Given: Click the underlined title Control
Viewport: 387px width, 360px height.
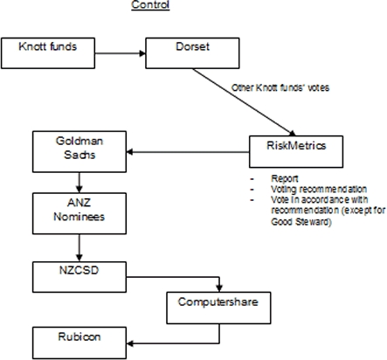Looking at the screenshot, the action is [x=150, y=5].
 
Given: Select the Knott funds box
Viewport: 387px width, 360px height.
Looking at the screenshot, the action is [x=48, y=53].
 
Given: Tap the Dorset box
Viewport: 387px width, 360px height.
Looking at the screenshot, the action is [x=192, y=53].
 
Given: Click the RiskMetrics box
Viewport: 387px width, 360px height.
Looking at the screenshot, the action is [x=296, y=152].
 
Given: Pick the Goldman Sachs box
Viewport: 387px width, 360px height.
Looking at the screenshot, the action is [x=79, y=152].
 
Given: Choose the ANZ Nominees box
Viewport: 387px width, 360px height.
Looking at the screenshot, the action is [x=79, y=213].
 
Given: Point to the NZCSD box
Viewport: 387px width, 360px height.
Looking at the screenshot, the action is [x=79, y=277].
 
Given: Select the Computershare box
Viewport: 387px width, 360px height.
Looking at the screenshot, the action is [x=218, y=308].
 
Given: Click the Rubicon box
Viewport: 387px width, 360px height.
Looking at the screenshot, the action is [x=79, y=343].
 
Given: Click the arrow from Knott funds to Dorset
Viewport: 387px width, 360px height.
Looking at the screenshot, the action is [x=121, y=53].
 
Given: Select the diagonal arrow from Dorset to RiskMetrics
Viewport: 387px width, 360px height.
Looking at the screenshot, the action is [x=244, y=102].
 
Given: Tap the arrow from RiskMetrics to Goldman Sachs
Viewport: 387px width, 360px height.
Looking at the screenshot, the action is [x=188, y=152].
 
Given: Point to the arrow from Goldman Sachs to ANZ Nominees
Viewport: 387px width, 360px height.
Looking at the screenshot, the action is [x=79, y=183].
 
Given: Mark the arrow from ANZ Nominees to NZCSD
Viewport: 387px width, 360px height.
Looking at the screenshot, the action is [x=79, y=248].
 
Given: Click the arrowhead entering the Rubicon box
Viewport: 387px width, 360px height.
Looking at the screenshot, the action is [x=130, y=343].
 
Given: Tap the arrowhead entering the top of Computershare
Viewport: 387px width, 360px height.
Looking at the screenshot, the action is [x=219, y=288].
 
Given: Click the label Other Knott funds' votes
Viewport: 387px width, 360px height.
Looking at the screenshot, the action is [x=280, y=87].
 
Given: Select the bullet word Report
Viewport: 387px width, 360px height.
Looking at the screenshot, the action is [x=285, y=178].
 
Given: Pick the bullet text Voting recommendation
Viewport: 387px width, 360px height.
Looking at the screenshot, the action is [x=319, y=190].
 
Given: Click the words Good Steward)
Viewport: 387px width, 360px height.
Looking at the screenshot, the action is [x=301, y=222].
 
